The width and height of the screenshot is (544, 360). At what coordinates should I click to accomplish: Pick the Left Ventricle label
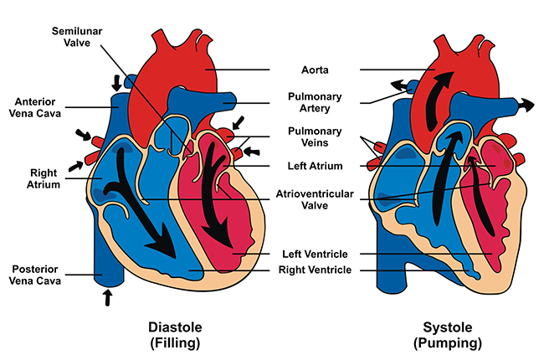coord(316,253)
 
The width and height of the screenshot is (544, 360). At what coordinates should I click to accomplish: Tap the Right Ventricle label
coord(316,270)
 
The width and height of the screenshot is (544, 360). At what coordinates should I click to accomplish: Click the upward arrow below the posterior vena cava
coord(106,297)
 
